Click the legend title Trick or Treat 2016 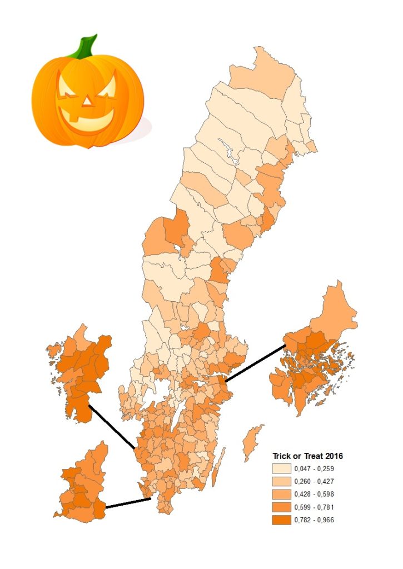(x=307, y=456)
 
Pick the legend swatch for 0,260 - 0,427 (x=282, y=482)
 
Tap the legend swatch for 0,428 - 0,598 (x=282, y=495)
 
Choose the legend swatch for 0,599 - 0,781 (x=282, y=507)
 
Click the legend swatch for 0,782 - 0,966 (x=282, y=520)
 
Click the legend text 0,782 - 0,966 (x=314, y=520)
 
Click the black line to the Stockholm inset (x=255, y=363)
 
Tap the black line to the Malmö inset (x=128, y=503)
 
